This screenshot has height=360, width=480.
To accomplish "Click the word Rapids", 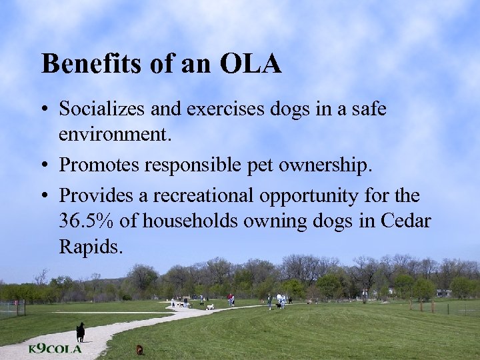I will (x=91, y=247).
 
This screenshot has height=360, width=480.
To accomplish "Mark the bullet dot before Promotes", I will (x=44, y=167).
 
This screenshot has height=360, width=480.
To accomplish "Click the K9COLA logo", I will (x=55, y=349).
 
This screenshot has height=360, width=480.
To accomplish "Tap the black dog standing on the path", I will (x=81, y=331).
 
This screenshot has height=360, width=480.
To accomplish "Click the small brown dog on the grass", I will (x=139, y=349).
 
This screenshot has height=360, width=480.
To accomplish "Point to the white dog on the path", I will (x=211, y=307).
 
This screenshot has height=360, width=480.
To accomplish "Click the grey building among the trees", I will (x=443, y=293).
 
